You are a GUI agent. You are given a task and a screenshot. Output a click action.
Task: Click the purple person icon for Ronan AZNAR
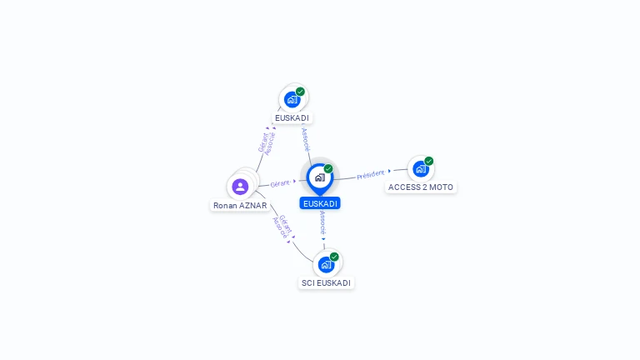240,187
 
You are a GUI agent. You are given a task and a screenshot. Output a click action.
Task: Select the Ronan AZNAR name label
240,205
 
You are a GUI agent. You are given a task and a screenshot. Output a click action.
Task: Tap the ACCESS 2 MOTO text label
420,187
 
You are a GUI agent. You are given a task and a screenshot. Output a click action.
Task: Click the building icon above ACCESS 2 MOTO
420,169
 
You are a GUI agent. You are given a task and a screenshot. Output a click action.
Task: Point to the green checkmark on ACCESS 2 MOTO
428,161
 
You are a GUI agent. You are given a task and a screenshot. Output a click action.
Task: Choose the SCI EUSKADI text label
326,282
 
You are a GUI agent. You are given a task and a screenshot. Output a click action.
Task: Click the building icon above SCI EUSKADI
326,265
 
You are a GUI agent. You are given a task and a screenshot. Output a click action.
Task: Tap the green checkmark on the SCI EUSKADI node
334,257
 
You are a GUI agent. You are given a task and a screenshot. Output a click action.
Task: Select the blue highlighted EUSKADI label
320,203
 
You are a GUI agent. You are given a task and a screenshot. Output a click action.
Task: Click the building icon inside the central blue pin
320,177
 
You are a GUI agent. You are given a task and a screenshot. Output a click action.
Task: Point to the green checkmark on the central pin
328,168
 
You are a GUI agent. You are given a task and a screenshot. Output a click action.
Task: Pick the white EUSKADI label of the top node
292,118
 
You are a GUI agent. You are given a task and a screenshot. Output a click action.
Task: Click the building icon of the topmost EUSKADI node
292,100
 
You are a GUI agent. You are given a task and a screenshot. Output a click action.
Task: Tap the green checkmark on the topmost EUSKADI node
300,92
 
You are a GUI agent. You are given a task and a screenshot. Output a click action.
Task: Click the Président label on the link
371,175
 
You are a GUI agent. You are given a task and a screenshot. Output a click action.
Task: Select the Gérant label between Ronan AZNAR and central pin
280,183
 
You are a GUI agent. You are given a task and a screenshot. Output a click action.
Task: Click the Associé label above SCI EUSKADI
322,222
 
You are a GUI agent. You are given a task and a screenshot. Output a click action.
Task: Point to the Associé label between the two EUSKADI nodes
306,140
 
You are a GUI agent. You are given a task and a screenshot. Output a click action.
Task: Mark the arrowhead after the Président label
389,171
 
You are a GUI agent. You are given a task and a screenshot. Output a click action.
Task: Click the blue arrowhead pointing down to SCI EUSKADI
323,239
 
